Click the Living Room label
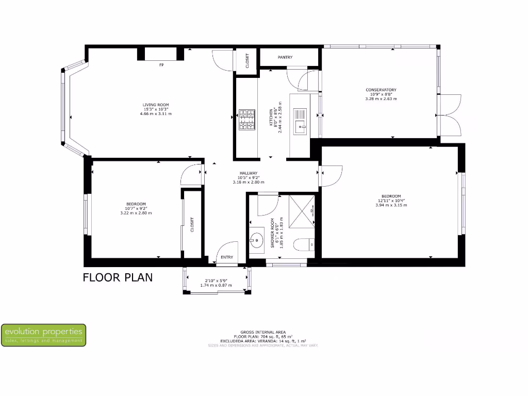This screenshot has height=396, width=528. [x=156, y=105]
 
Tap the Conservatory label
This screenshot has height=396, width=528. [x=381, y=90]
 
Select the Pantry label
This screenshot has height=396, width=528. [x=285, y=57]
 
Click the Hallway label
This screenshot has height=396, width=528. [x=248, y=173]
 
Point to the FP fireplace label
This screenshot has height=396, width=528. [x=161, y=65]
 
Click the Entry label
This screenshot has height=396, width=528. [x=227, y=257]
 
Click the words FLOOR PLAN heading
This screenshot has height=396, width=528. [x=118, y=277]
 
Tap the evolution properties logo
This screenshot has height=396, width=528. [x=43, y=335]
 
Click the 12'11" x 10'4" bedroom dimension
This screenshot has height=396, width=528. [x=391, y=201]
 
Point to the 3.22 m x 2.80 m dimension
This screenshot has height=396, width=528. [x=136, y=212]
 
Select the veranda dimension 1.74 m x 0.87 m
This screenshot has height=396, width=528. [x=216, y=285]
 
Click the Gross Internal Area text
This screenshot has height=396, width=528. [x=263, y=332]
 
